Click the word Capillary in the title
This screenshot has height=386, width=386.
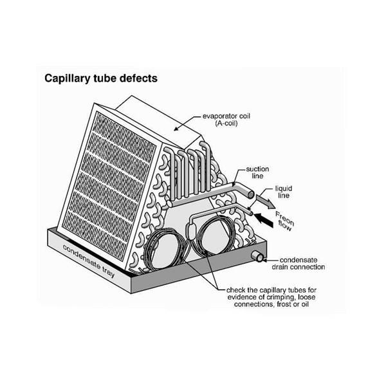click(66, 79)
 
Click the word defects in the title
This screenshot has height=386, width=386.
click(133, 79)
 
